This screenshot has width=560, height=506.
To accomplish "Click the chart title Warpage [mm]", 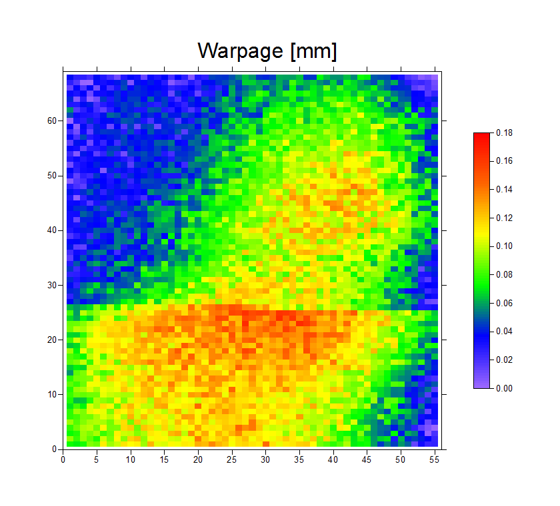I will point(267,51).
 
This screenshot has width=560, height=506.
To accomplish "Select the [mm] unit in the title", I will point(313,51).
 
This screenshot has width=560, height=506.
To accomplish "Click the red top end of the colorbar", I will point(481,136).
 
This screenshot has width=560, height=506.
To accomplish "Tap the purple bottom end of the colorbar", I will point(481,385).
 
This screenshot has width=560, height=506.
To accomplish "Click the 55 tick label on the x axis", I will point(434,459).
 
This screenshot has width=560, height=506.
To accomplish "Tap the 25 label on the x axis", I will point(231,459).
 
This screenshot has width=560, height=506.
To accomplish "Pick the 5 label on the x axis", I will point(97,459).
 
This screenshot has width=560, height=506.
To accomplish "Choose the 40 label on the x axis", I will point(333,459).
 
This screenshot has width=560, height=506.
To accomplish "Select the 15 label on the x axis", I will point(164,459).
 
